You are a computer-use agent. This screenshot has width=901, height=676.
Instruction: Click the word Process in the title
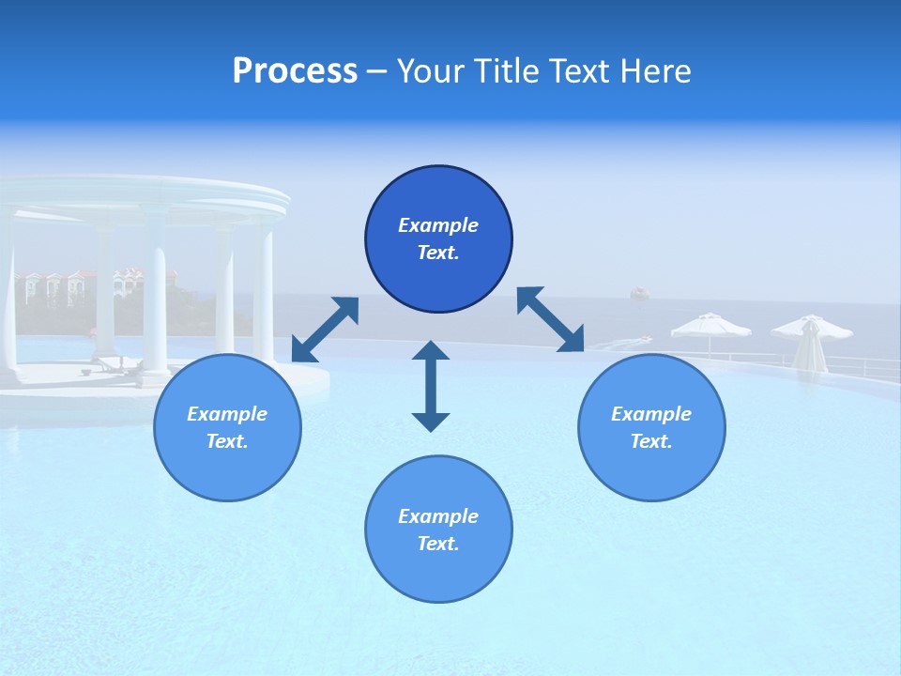click(295, 71)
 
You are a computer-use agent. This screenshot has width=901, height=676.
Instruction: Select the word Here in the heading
click(653, 71)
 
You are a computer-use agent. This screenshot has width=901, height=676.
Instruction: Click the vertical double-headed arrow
click(431, 386)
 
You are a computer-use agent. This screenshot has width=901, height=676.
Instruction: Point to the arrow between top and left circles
click(325, 330)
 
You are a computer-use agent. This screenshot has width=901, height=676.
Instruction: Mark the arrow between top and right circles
click(550, 319)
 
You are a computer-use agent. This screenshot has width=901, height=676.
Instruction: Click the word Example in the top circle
click(438, 225)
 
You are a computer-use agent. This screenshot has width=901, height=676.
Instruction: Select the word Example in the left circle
click(227, 414)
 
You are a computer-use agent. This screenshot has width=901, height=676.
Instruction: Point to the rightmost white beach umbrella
click(811, 330)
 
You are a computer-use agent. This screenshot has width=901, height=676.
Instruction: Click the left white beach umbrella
click(710, 327)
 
